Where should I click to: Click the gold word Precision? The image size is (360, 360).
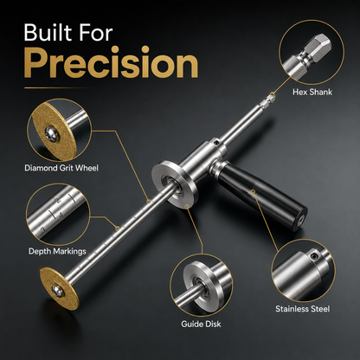[112, 63]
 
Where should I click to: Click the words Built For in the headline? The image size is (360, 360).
[68, 33]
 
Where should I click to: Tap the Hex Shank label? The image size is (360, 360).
[312, 92]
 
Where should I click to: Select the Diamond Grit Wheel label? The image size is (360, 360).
[61, 168]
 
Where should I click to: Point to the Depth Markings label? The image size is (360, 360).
[57, 251]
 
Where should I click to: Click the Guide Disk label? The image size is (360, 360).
[201, 324]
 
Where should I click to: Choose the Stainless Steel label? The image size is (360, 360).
[303, 309]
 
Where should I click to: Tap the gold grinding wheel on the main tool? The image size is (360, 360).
[59, 288]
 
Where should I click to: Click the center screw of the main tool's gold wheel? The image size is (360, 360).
[57, 290]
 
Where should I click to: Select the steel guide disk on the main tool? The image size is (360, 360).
[175, 185]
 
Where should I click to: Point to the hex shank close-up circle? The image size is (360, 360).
[312, 52]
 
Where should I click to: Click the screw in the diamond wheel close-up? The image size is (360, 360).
[52, 133]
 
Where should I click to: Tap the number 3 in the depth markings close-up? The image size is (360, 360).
[42, 230]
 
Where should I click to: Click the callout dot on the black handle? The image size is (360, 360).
[253, 191]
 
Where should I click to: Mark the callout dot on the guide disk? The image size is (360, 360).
[187, 206]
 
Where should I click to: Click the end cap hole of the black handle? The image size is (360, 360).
[300, 220]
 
